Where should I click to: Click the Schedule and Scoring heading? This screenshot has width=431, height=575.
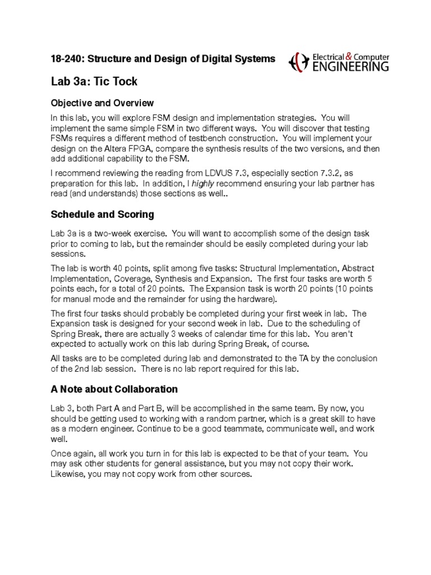point(102,214)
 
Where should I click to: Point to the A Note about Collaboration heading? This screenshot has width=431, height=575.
point(114,389)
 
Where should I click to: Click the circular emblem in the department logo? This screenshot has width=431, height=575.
point(297,62)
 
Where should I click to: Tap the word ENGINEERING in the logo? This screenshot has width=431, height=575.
point(350,67)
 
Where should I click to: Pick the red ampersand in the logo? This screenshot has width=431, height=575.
point(349,56)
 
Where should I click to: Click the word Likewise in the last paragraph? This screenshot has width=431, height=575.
point(67,474)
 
